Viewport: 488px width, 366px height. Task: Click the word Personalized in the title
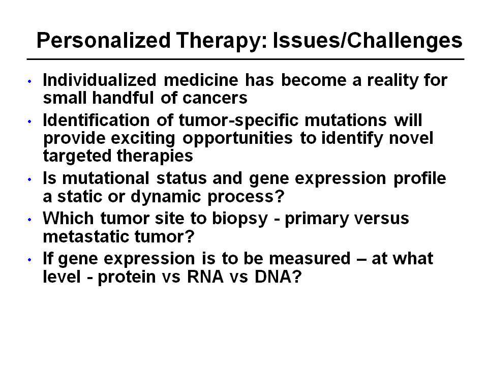[104, 41]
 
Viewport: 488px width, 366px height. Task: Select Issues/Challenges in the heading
[368, 41]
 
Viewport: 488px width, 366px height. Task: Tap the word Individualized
[100, 80]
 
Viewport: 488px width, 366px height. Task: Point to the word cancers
[215, 98]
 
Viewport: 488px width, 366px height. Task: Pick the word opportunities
[237, 139]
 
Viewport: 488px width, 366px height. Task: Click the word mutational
[106, 178]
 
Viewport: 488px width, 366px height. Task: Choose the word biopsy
[240, 219]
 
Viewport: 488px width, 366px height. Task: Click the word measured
[310, 259]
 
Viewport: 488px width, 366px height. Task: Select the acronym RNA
[205, 277]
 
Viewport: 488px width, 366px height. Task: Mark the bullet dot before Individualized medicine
[29, 81]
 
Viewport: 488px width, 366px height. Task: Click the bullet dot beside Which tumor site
[29, 220]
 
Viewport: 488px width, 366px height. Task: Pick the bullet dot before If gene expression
[29, 260]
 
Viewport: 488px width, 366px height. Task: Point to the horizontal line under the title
[246, 59]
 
